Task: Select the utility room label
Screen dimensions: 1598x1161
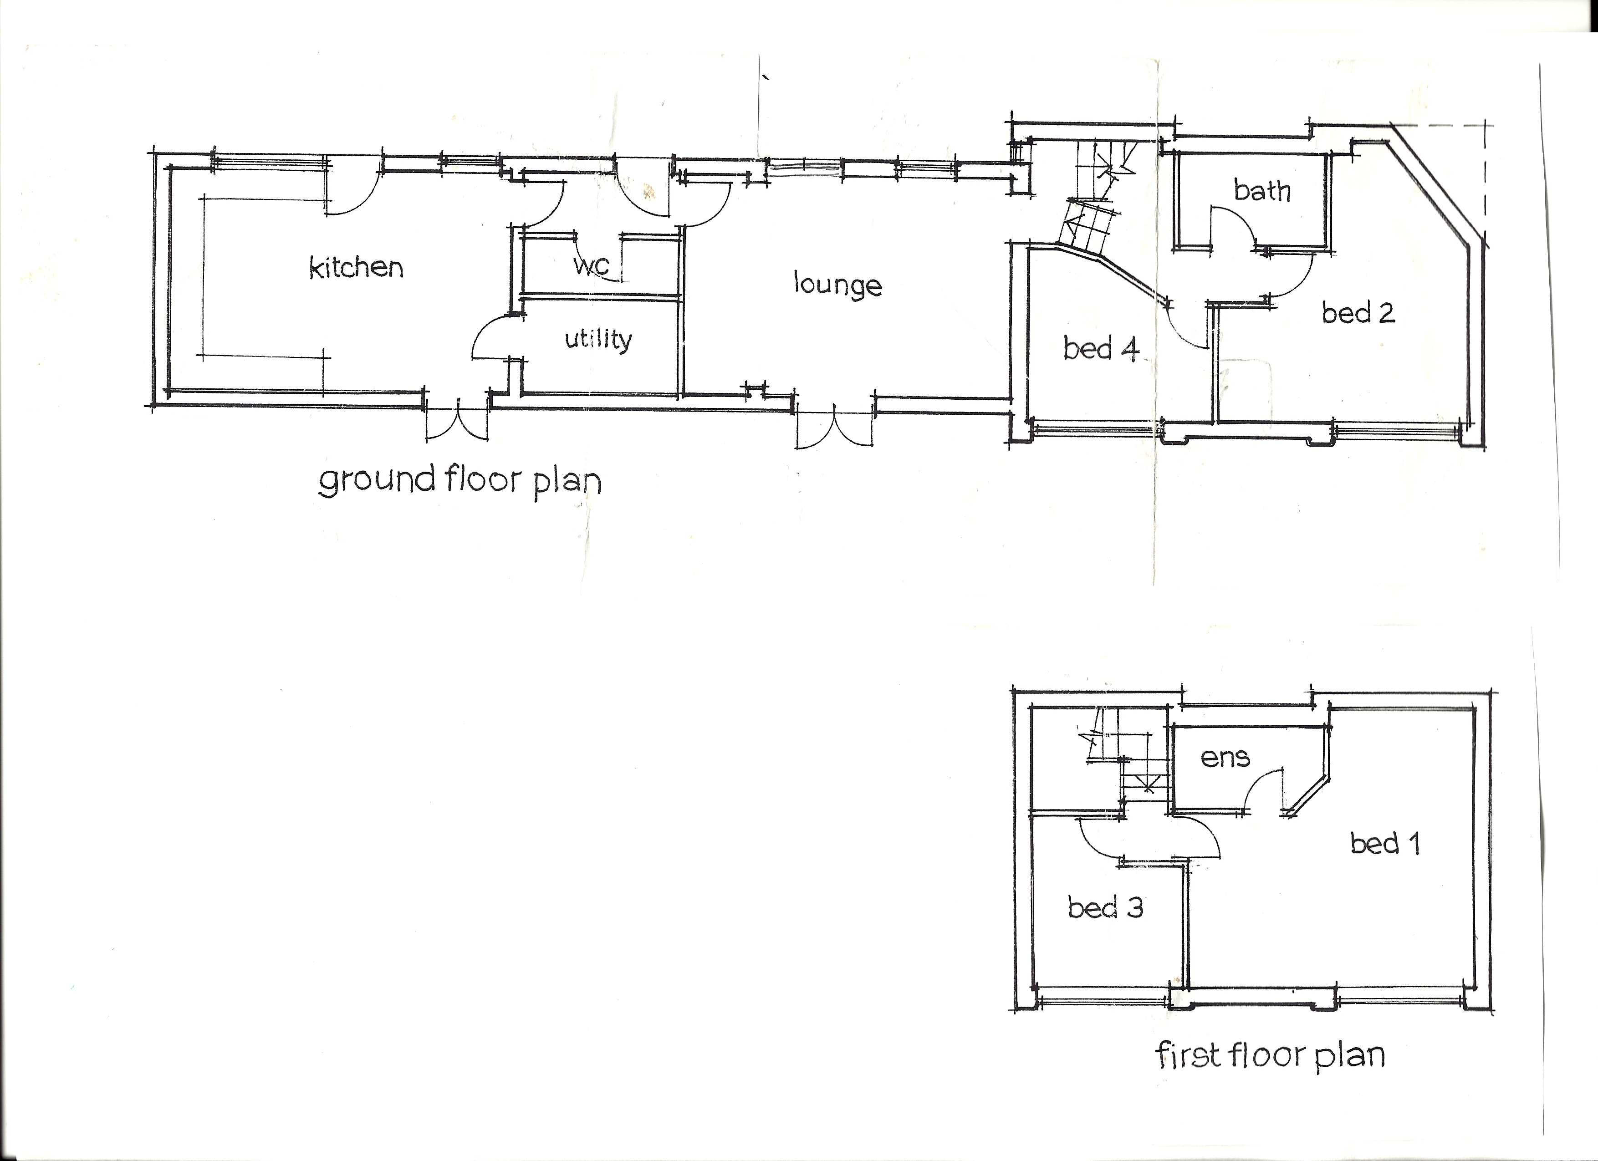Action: pyautogui.click(x=598, y=340)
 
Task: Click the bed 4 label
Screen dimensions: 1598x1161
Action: pyautogui.click(x=1101, y=349)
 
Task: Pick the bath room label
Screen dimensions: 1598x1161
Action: pyautogui.click(x=1262, y=190)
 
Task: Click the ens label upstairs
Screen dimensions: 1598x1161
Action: pyautogui.click(x=1225, y=758)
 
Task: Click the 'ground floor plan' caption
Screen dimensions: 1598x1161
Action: pyautogui.click(x=460, y=482)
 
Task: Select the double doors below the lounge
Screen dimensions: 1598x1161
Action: pyautogui.click(x=835, y=425)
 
